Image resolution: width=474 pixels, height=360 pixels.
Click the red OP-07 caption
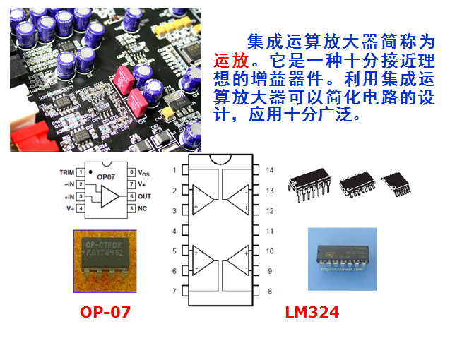point(105,311)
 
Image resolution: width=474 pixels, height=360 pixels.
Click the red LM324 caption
point(312,311)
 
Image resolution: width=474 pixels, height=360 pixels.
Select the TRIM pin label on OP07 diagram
point(66,172)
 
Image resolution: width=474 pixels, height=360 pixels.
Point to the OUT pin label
point(144,196)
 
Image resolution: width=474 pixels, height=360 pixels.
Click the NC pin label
point(142,208)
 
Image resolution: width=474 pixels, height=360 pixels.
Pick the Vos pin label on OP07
point(143,173)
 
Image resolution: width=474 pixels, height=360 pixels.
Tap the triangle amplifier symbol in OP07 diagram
point(109,197)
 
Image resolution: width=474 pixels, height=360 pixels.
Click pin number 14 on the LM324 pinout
point(269,171)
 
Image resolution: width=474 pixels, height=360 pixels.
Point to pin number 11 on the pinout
point(269,231)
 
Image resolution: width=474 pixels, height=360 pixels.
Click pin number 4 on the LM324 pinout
point(174,231)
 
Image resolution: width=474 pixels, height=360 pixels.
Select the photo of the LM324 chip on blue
point(342,259)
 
